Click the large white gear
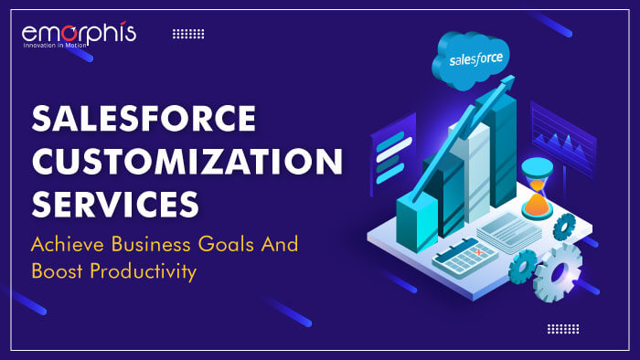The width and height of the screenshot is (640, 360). pos(557,271)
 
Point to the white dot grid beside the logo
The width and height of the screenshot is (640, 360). pos(188,34)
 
